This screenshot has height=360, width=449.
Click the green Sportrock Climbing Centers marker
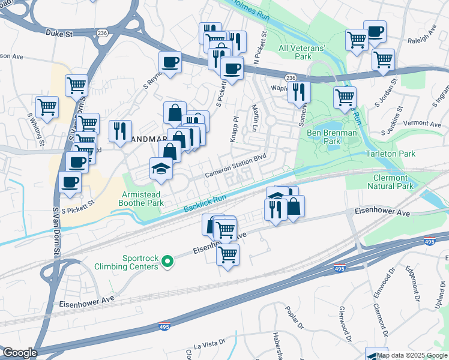169,260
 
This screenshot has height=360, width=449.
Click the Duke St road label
61,35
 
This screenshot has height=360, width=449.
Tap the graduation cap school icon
161,169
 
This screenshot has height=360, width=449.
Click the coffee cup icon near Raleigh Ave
375,32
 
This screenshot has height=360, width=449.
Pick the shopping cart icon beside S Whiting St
47,107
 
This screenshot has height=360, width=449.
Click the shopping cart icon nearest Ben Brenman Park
345,97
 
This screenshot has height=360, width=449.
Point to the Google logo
19,353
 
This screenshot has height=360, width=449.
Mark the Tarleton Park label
391,154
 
